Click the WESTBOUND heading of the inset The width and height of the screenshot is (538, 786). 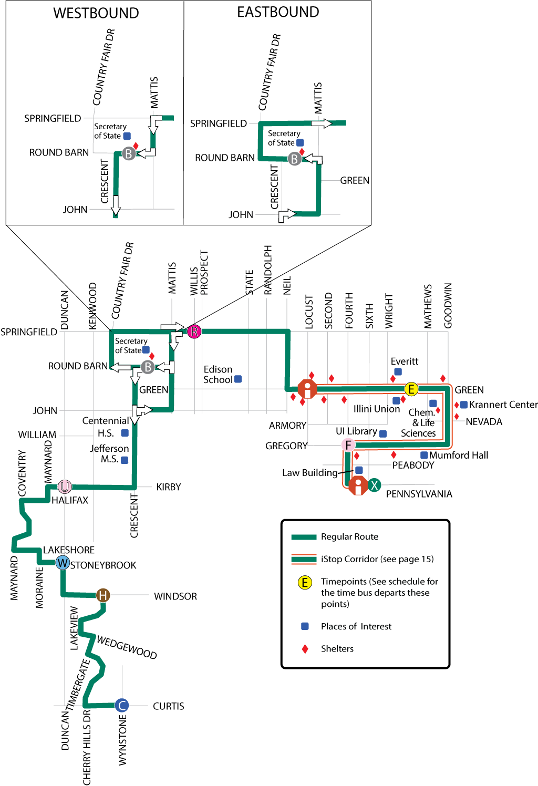click(x=96, y=13)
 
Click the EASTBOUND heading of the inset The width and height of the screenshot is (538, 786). click(x=278, y=12)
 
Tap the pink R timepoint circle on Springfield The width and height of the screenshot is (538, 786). click(x=194, y=331)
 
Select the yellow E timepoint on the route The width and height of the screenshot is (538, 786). click(x=411, y=389)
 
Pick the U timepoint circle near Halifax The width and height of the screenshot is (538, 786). click(x=65, y=487)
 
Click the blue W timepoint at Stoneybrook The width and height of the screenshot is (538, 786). click(x=63, y=563)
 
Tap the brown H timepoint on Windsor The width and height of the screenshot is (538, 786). click(x=103, y=595)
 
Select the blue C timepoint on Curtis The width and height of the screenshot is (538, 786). click(x=122, y=706)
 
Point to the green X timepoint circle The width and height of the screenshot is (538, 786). click(x=374, y=485)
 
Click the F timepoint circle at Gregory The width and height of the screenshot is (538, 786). click(x=348, y=445)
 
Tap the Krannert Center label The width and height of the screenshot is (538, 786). click(x=503, y=405)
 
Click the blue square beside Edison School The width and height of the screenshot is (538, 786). click(x=238, y=379)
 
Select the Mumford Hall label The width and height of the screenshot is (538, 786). click(x=459, y=455)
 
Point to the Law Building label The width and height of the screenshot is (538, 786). click(x=309, y=473)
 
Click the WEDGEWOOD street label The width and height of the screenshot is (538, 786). click(x=127, y=647)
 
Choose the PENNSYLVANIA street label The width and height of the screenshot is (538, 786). click(x=419, y=494)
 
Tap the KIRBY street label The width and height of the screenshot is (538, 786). click(x=168, y=487)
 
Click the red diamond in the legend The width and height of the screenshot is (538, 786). click(x=305, y=649)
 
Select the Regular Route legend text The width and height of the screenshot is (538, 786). click(x=349, y=536)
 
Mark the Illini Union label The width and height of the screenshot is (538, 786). click(x=376, y=409)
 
